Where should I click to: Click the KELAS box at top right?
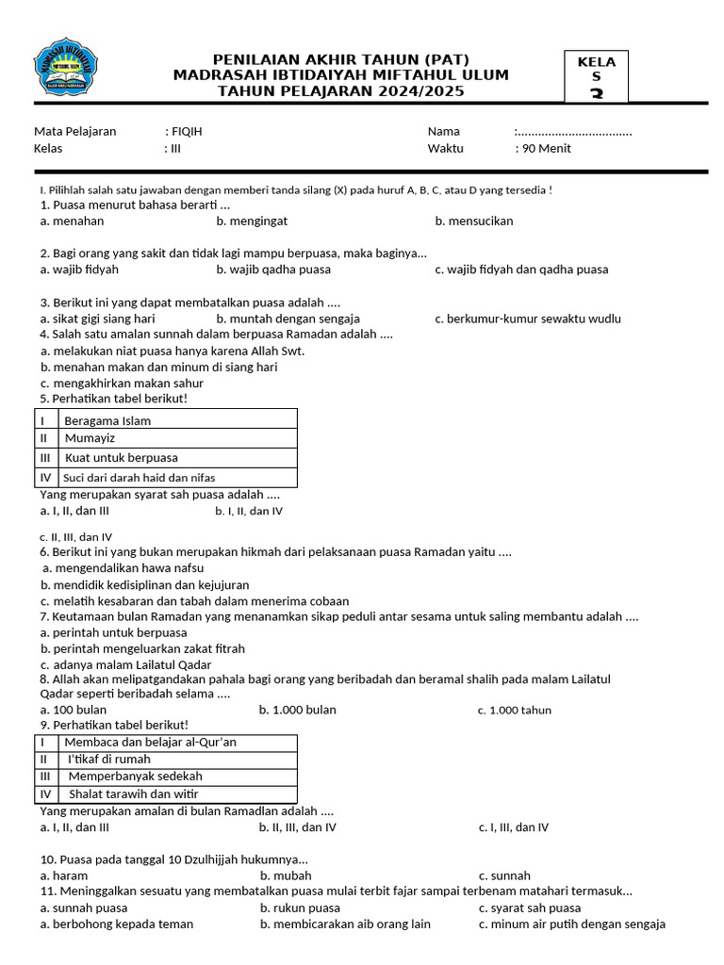[596, 76]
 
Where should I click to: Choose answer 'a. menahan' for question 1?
[72, 221]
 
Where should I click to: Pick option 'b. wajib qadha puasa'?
[273, 270]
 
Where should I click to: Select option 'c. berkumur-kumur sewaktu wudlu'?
[528, 319]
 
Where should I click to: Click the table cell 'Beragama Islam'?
[107, 420]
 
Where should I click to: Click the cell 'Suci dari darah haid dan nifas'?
[140, 477]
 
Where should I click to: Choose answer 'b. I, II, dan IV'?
[249, 512]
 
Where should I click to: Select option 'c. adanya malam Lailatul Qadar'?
[125, 665]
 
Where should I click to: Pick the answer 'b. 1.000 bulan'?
[298, 710]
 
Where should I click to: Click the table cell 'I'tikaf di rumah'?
[108, 759]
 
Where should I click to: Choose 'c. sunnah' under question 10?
[504, 875]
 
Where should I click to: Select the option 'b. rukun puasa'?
[300, 908]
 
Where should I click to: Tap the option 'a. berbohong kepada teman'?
[117, 924]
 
